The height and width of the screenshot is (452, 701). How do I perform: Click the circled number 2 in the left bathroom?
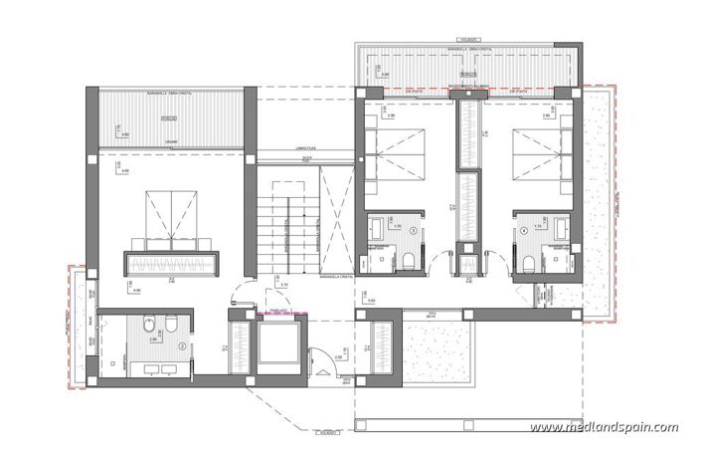(x=183, y=345)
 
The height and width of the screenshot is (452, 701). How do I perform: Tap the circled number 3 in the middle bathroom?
(x=399, y=230)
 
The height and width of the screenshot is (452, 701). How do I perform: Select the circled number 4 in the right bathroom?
(x=525, y=230)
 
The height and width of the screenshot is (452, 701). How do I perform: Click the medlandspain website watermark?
(x=604, y=427)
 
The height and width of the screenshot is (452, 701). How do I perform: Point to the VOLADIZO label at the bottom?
(x=325, y=433)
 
